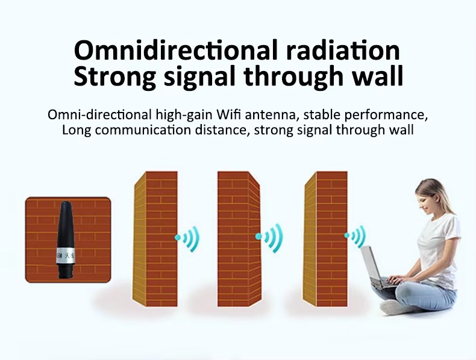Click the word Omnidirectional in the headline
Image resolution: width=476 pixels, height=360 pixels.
click(176, 50)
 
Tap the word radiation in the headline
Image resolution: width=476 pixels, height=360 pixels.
click(343, 50)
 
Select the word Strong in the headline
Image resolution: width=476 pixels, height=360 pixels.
click(114, 76)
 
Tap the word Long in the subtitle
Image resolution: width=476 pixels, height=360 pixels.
click(77, 131)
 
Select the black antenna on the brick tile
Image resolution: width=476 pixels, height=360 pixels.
click(66, 239)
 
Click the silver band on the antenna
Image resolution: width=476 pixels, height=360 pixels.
click(66, 255)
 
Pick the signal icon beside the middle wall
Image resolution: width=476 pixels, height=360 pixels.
click(269, 238)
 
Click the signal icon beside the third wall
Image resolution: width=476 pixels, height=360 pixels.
click(355, 236)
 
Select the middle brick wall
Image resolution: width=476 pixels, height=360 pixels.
click(239, 239)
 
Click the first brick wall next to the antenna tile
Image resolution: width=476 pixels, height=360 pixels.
click(155, 239)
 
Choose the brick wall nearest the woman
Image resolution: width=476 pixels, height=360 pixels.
click(325, 239)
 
